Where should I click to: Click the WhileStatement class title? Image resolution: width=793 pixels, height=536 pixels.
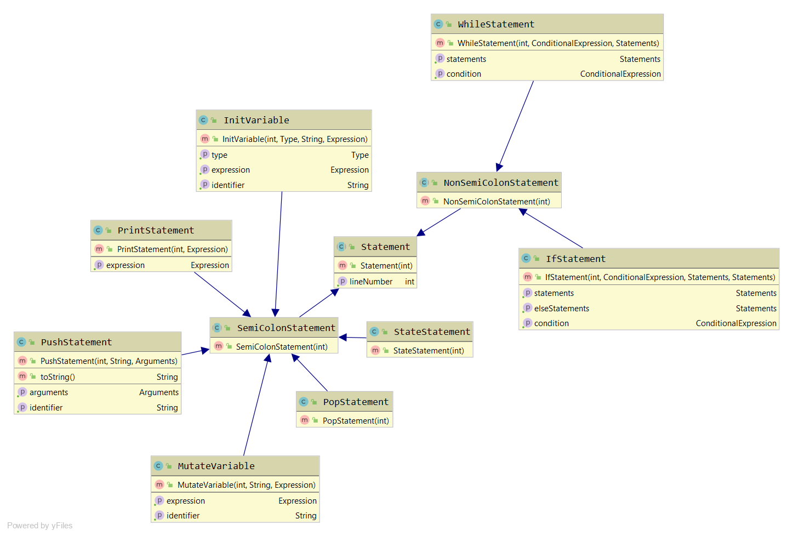tap(495, 24)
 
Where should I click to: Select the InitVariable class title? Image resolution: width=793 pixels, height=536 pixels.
tap(256, 120)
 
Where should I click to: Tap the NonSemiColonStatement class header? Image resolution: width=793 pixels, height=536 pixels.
tap(500, 183)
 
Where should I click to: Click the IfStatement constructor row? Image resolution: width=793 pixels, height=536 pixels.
tap(660, 277)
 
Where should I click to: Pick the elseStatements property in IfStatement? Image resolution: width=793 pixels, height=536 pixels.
tap(562, 309)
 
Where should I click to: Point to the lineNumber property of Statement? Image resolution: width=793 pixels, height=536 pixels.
tap(371, 282)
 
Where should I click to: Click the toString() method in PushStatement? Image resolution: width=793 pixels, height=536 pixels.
tap(58, 377)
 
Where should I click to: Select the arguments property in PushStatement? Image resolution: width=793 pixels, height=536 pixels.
tap(49, 392)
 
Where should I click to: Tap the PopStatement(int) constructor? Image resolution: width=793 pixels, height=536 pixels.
tap(356, 421)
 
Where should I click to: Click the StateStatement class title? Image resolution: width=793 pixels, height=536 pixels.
tap(432, 332)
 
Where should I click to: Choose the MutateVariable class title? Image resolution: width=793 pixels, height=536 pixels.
tap(216, 466)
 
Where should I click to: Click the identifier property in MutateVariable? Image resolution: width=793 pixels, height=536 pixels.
tap(183, 516)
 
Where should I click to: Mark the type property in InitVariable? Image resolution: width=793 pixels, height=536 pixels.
tap(219, 155)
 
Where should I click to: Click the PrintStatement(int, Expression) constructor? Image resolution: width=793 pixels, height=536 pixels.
tap(172, 249)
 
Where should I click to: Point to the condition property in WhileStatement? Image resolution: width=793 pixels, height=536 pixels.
tap(464, 74)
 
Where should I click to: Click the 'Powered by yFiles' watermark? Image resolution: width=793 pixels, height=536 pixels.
tap(40, 526)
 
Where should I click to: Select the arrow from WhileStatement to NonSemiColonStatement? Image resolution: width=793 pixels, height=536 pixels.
tap(516, 126)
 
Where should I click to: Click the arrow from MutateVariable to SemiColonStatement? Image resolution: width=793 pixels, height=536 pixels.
tap(256, 406)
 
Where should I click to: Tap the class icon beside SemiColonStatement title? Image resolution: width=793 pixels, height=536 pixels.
tap(218, 328)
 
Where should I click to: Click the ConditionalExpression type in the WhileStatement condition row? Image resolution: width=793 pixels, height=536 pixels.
tap(620, 74)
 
